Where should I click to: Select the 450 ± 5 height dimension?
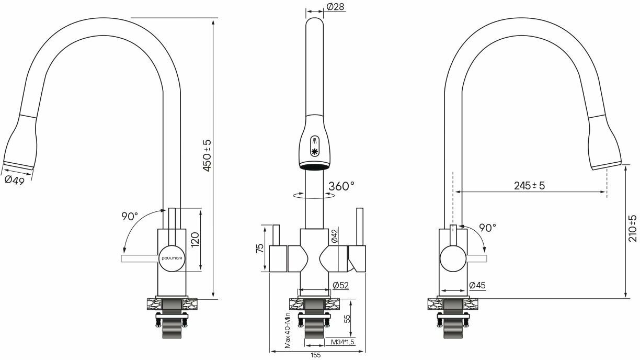[x=207, y=156]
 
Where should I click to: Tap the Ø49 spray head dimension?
[x=14, y=179]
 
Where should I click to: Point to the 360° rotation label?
[x=341, y=186]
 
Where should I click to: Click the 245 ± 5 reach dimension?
[x=529, y=185]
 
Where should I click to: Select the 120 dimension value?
[x=195, y=240]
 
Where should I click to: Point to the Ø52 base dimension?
[x=340, y=285]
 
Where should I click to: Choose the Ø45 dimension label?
[x=478, y=285]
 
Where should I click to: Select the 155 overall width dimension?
[x=315, y=355]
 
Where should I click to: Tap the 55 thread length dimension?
[x=348, y=319]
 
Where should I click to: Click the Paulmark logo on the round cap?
[x=170, y=258]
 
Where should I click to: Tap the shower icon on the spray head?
[x=315, y=140]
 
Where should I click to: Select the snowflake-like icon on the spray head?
[x=315, y=152]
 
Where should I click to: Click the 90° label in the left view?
[x=129, y=215]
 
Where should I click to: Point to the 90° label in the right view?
[x=487, y=228]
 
